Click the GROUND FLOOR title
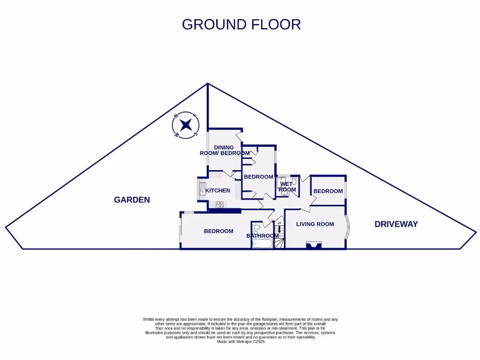point(241,24)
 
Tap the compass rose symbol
point(186,125)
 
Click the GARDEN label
point(132,200)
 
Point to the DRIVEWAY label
point(396,224)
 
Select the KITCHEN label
point(218,190)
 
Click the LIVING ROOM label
point(315,224)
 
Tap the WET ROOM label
point(287,187)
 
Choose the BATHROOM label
point(262,236)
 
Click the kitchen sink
point(202,190)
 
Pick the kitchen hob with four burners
point(219,204)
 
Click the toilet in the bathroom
point(256,228)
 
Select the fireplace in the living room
point(314,245)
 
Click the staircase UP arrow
point(280,229)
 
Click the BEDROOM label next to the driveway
point(328,191)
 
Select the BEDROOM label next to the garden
point(218,231)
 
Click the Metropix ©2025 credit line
point(241,342)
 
